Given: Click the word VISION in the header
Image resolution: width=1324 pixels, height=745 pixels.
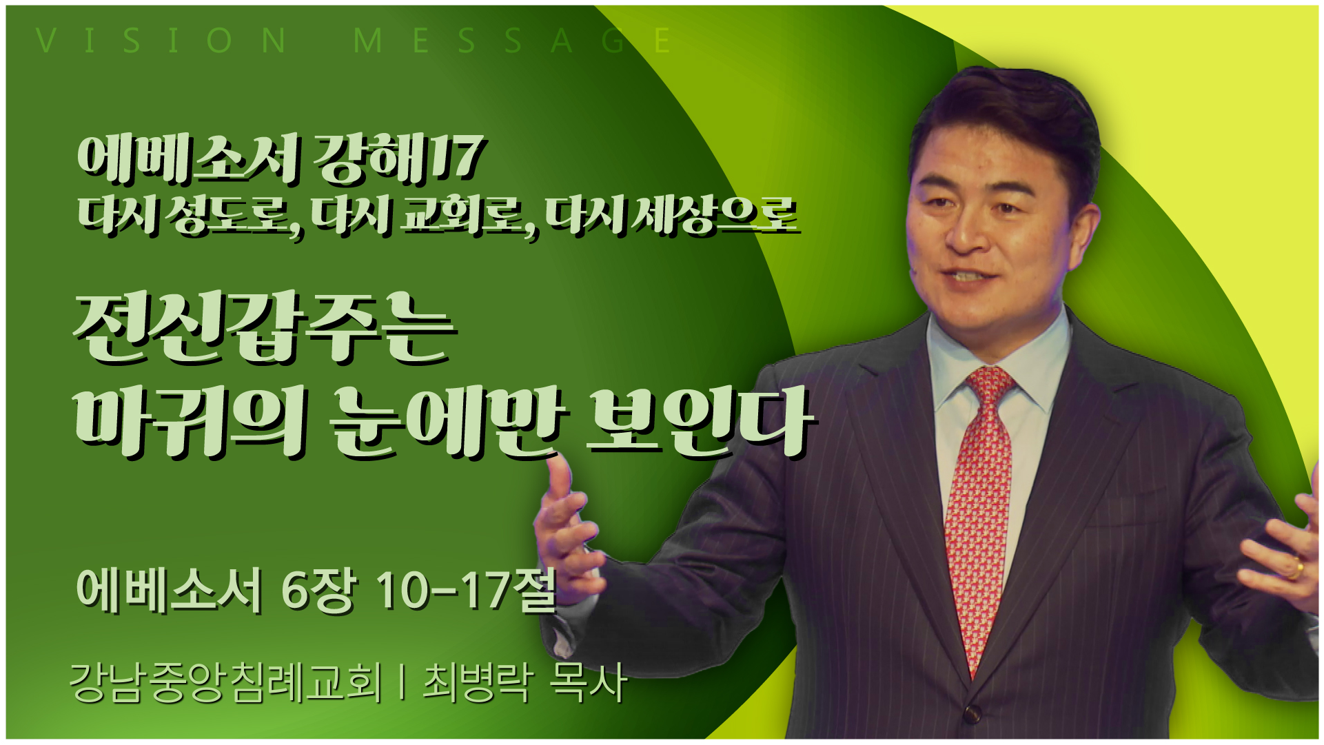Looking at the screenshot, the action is pyautogui.click(x=161, y=41).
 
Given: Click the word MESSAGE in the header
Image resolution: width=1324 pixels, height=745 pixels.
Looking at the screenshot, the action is pyautogui.click(x=512, y=41).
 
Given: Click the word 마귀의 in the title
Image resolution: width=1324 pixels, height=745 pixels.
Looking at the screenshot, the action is pyautogui.click(x=189, y=422).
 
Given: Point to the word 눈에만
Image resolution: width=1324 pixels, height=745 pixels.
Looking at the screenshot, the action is pyautogui.click(x=445, y=422).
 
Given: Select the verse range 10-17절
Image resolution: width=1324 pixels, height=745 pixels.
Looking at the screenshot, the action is pyautogui.click(x=466, y=591).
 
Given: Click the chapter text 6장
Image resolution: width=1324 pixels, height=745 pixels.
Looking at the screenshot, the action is pyautogui.click(x=318, y=591).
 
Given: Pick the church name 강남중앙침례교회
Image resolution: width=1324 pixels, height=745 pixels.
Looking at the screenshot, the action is pyautogui.click(x=225, y=682).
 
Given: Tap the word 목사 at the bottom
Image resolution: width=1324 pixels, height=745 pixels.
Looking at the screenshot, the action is pyautogui.click(x=588, y=682).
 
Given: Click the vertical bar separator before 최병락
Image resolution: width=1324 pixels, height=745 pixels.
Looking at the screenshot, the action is pyautogui.click(x=402, y=682).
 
